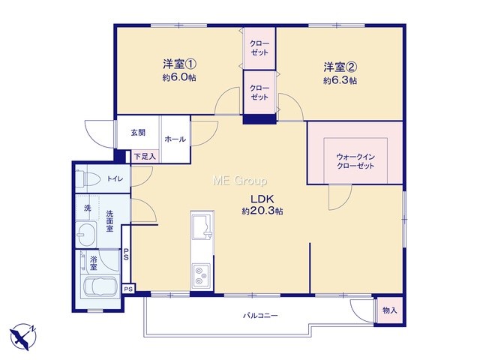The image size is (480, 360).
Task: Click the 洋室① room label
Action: coord(179,64)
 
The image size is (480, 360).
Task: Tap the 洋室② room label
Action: coord(340,67)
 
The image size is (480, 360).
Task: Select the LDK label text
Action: coord(262,199)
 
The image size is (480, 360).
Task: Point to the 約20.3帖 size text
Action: coord(262,211)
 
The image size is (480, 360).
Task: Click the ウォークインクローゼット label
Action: coord(355,161)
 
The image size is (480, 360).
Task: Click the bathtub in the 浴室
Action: coord(100,288)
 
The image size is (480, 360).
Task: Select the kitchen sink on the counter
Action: coord(202,226)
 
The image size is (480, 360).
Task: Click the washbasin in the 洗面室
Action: coord(86,235)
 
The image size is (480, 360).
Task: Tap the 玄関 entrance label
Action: coord(138,133)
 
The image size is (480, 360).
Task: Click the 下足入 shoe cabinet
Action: coord(145,157)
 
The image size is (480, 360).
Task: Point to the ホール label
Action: coord(175,139)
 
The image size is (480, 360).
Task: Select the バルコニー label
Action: coord(260,315)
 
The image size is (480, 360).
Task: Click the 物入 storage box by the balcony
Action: coord(389,310)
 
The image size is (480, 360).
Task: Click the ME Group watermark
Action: coord(240,181)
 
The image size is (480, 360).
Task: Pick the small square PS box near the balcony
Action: coord(129,289)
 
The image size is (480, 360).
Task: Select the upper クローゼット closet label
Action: coord(259,48)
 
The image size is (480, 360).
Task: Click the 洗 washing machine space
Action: coord(88,208)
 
